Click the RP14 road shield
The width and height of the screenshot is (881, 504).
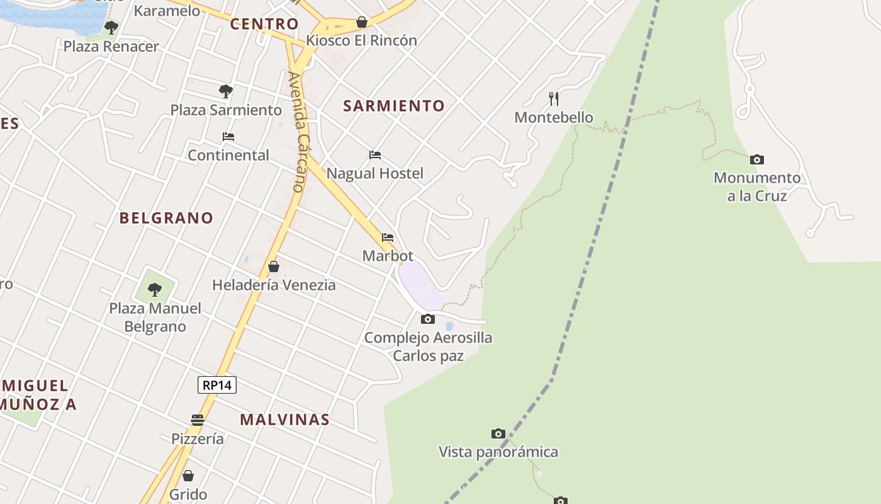[217, 385]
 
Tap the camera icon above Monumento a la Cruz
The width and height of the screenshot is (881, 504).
[757, 160]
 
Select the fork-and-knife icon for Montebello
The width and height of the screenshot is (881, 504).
[554, 98]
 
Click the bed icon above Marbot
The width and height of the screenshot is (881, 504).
[388, 238]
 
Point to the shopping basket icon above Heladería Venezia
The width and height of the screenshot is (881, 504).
[274, 266]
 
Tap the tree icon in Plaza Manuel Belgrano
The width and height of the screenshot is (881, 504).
[155, 290]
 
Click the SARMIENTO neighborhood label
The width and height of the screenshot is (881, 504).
[394, 106]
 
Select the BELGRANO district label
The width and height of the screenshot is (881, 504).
[167, 218]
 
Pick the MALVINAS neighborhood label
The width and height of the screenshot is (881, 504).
[285, 420]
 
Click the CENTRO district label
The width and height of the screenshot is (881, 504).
[264, 24]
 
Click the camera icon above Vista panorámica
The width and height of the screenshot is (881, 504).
[498, 433]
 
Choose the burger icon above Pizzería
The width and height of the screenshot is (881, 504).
[198, 420]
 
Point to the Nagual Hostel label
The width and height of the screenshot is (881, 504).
[375, 173]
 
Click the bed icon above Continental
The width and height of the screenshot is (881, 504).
[228, 136]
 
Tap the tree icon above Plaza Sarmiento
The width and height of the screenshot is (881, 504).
[226, 91]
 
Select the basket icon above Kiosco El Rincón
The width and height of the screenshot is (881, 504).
[362, 22]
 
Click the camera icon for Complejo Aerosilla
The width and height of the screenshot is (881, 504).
[428, 319]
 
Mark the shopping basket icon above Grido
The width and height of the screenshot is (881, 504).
[188, 476]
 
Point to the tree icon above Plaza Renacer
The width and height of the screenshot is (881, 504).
[111, 28]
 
